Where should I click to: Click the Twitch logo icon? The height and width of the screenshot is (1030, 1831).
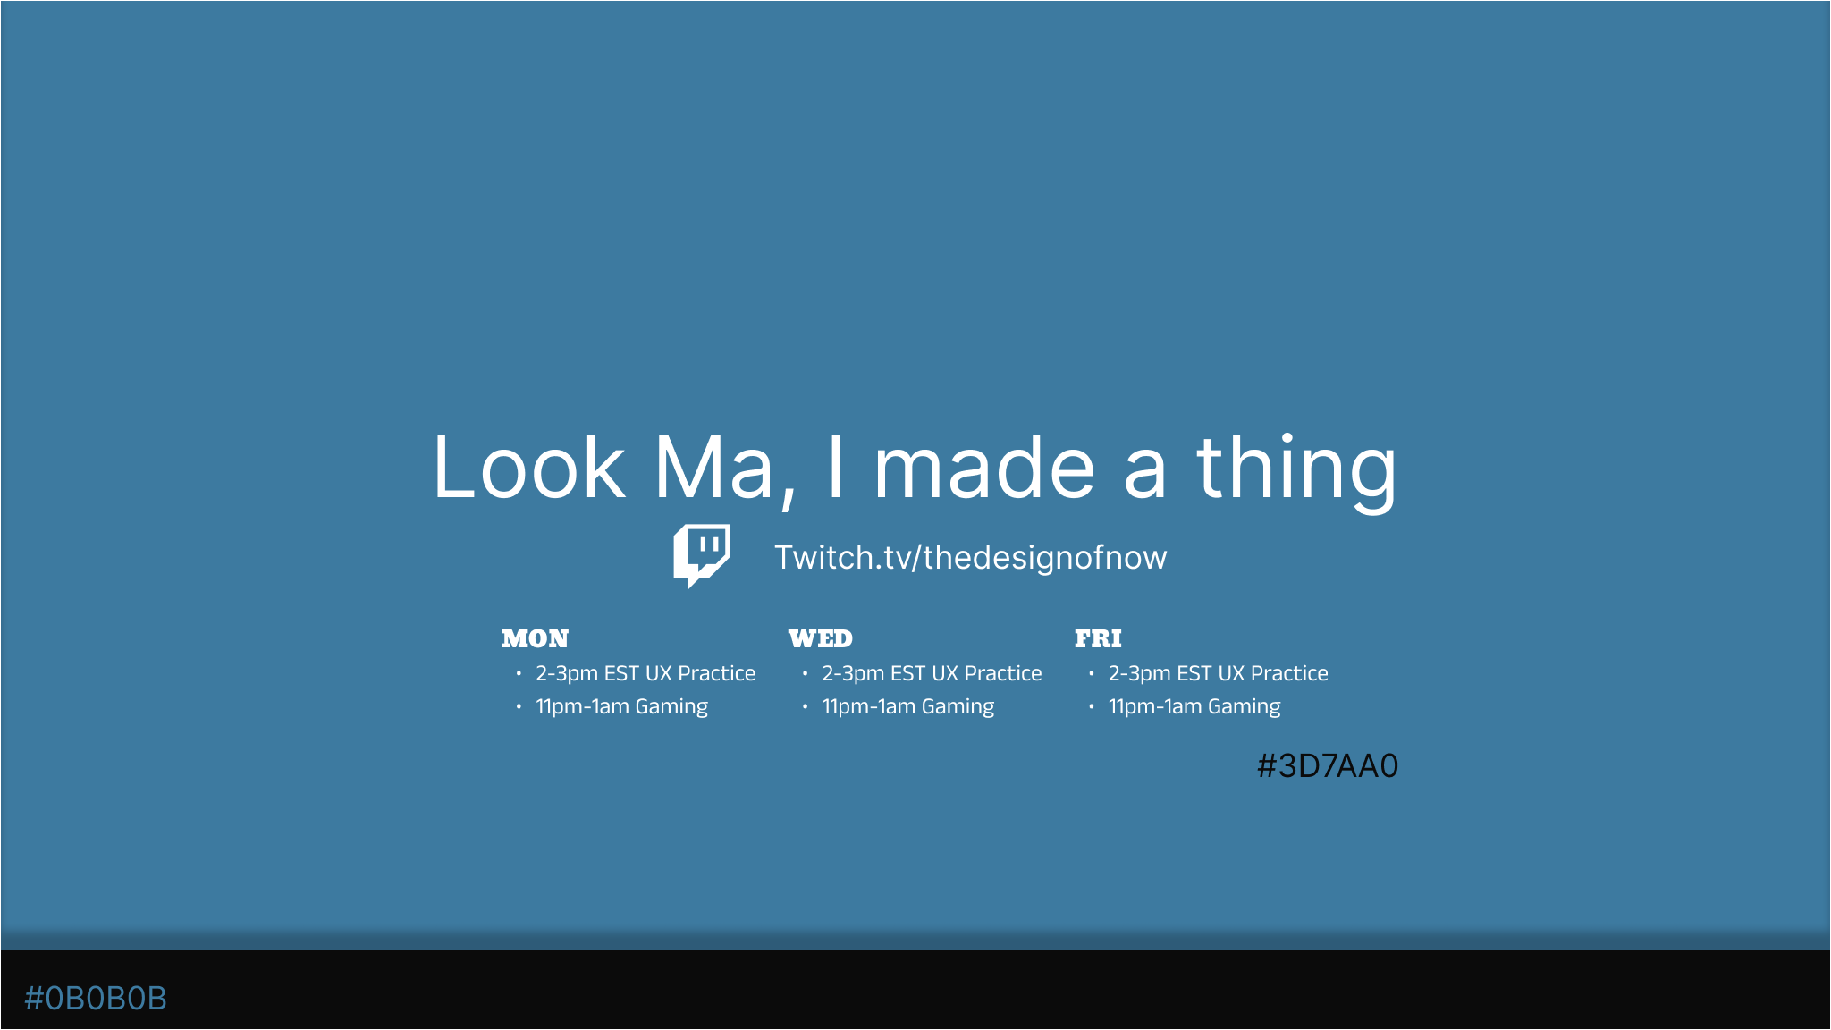point(701,555)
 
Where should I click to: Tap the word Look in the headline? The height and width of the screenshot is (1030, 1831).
point(528,467)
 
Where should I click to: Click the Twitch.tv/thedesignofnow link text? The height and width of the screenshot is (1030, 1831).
point(971,558)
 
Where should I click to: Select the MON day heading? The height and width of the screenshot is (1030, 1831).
point(535,638)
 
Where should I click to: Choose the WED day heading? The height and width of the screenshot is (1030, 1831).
point(821,638)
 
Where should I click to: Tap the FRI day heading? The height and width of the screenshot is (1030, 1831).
point(1098,638)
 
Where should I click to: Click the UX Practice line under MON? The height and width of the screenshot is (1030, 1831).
point(645,673)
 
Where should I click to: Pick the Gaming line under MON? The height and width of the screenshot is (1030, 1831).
point(621,706)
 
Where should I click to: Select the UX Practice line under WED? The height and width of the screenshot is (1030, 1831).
point(932,673)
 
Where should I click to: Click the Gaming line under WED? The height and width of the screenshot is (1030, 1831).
point(907,706)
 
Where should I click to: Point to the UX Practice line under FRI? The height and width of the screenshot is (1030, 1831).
point(1218,673)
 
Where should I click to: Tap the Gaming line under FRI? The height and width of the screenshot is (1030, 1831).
point(1194,706)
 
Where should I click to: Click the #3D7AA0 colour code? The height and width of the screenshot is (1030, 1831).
point(1328,766)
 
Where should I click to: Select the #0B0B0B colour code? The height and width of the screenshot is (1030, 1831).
point(96,999)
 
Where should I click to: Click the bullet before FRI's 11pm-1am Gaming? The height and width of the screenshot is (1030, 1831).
point(1092,706)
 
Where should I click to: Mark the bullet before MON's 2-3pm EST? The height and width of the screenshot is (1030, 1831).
point(519,673)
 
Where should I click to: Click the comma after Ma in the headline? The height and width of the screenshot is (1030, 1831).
point(787,496)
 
